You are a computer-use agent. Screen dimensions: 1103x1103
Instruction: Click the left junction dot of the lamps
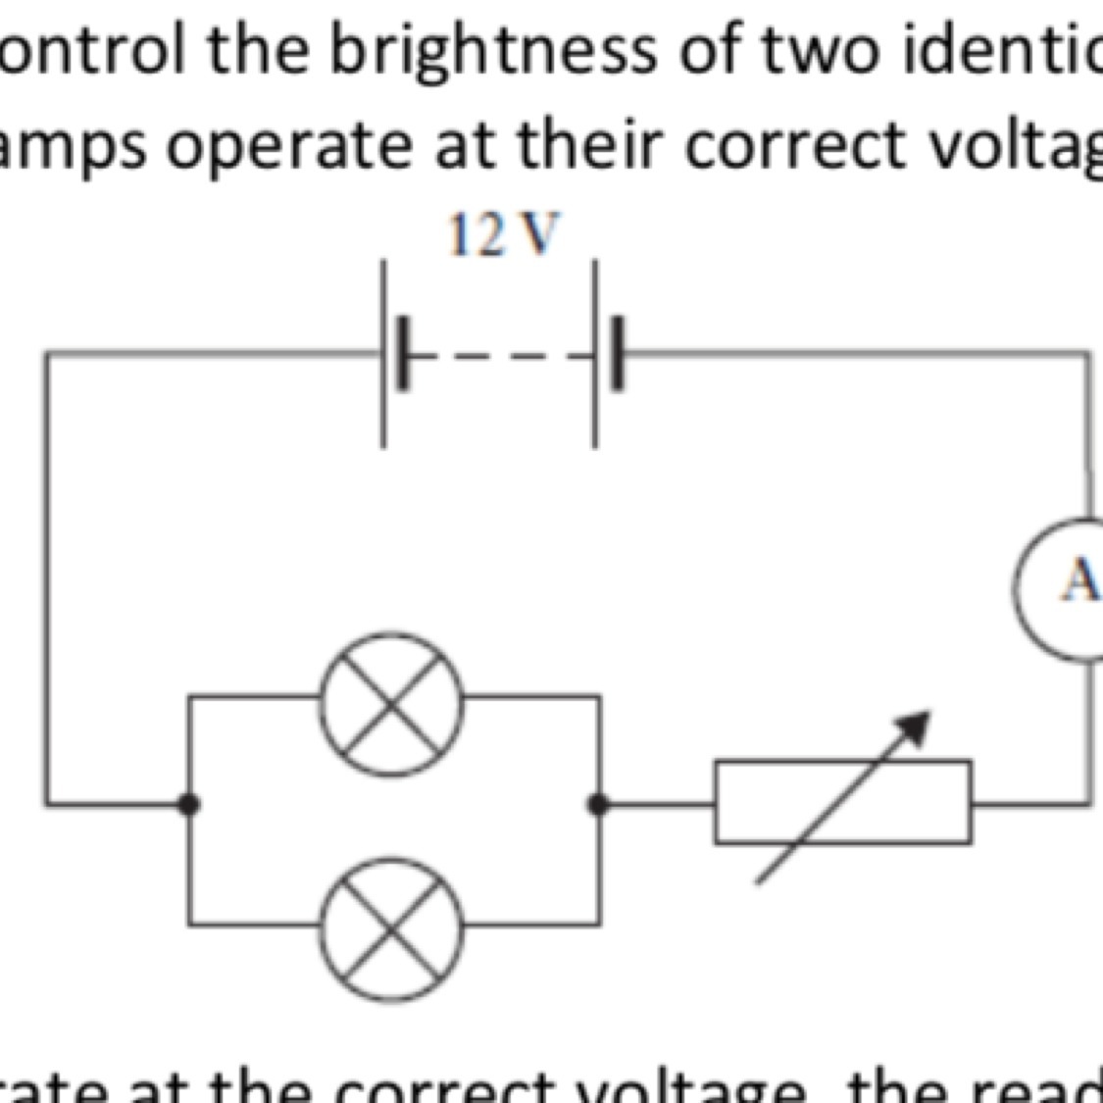189,804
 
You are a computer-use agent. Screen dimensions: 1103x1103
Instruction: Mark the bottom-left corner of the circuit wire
47,804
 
